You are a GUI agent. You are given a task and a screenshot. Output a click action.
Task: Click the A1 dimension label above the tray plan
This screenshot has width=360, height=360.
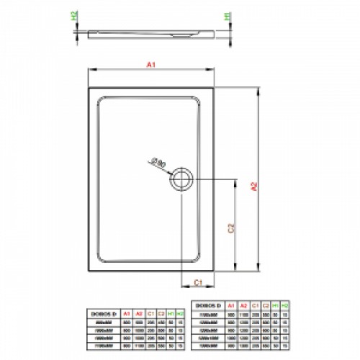pyautogui.click(x=150, y=66)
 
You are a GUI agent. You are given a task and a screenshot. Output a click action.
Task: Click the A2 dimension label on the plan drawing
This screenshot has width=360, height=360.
pyautogui.click(x=253, y=186)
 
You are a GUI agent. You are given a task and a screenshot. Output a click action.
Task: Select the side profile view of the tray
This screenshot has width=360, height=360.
pyautogui.click(x=150, y=33)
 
